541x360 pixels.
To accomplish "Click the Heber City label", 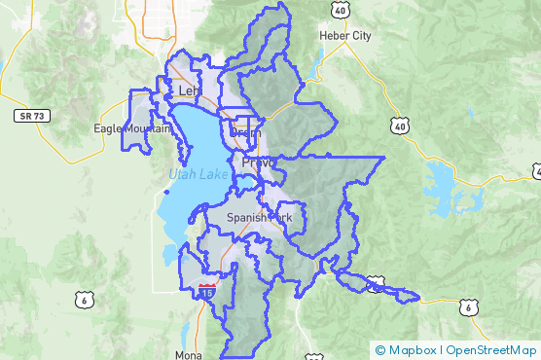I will click(x=345, y=36).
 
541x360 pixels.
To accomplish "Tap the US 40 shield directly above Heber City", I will click(x=340, y=9).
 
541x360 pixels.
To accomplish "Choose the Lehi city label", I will click(x=189, y=90).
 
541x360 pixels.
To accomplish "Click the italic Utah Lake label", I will click(x=198, y=174).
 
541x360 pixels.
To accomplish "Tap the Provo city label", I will click(x=259, y=162).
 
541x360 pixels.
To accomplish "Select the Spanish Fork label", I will click(x=259, y=218).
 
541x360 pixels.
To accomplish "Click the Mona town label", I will click(x=190, y=354).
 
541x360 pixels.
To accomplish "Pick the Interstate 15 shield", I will click(x=205, y=290).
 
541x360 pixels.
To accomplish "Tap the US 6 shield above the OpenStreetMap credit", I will click(x=469, y=307).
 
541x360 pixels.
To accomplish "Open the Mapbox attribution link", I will click(x=412, y=350).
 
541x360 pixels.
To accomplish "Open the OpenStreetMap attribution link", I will click(x=492, y=350).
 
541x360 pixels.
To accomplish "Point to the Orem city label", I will click(x=247, y=133).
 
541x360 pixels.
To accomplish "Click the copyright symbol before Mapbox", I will click(x=379, y=350).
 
